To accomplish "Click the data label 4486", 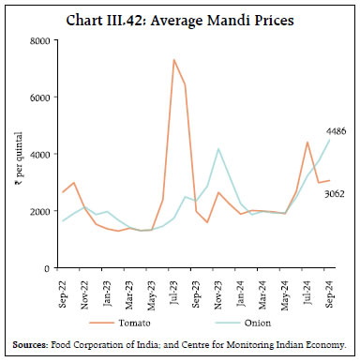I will point(335,130).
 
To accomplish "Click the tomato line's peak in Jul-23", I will point(174,60).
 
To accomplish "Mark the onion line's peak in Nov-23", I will point(218,149).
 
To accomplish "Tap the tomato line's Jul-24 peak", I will point(307,143).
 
